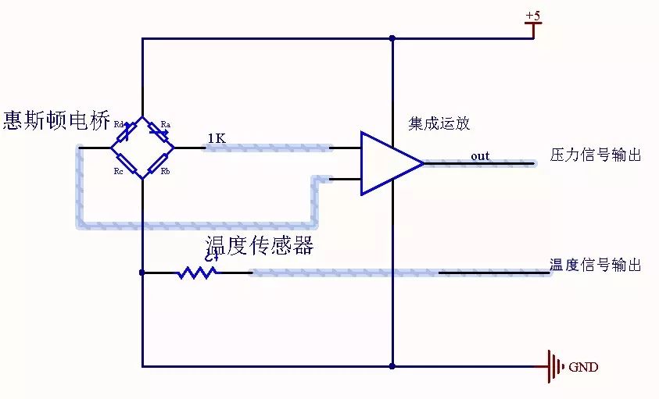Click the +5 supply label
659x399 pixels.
tap(532, 16)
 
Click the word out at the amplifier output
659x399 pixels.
tap(480, 156)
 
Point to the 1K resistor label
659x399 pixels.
tap(217, 138)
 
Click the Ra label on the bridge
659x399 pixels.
tap(166, 124)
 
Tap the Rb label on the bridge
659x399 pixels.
tap(166, 171)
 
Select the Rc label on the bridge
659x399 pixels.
tap(118, 171)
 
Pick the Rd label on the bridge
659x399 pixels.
tap(119, 124)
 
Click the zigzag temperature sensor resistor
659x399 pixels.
tap(197, 273)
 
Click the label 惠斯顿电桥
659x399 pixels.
tap(57, 120)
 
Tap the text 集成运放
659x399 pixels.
tap(439, 123)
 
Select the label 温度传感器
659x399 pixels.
tap(259, 246)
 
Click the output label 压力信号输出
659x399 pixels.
tap(596, 155)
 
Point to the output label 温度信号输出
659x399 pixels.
tap(596, 265)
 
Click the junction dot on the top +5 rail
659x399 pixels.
tap(392, 37)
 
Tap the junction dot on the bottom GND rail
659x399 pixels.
tap(392, 365)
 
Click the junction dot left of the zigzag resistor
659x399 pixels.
tap(141, 273)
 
